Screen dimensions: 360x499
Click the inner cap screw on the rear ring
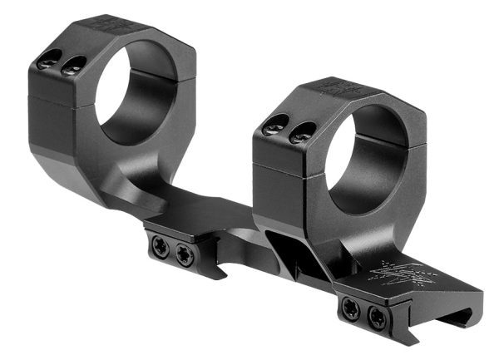73,66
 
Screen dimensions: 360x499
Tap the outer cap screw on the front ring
274,127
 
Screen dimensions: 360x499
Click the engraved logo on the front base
400,274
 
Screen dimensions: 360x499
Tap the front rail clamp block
365,313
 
